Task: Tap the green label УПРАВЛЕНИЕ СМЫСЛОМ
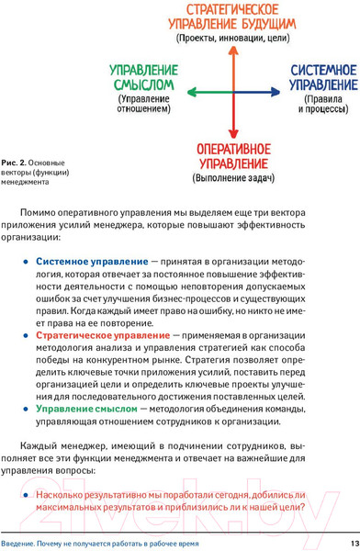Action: pyautogui.click(x=140, y=78)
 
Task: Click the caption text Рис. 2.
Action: pyautogui.click(x=16, y=162)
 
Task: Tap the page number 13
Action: pyautogui.click(x=350, y=541)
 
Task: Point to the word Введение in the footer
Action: pyautogui.click(x=19, y=541)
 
